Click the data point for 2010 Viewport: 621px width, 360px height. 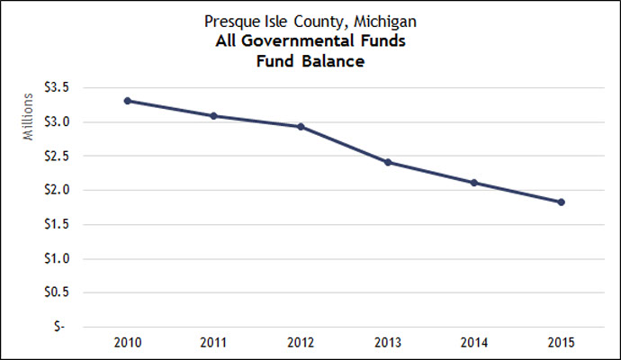(x=128, y=101)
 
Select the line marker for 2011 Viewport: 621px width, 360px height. (x=214, y=116)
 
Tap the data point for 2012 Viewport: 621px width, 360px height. (x=301, y=127)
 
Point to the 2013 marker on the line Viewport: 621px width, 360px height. (x=388, y=162)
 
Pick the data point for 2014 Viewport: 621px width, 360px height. (x=474, y=183)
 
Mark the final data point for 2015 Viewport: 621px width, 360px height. (x=562, y=202)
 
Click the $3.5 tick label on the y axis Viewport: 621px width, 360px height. (x=67, y=88)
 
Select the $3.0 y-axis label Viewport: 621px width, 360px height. (x=67, y=122)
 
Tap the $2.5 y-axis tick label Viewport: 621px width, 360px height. (x=67, y=157)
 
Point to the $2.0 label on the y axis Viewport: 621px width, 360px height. (x=67, y=191)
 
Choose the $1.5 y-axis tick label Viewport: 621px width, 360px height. (x=67, y=225)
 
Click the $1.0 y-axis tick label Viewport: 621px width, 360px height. (x=67, y=259)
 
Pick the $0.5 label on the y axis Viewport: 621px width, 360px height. (x=67, y=293)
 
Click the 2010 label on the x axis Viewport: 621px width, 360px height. (x=128, y=344)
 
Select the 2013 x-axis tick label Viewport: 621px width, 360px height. (x=388, y=344)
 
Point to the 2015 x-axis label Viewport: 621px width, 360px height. (x=562, y=344)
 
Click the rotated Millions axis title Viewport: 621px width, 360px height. (x=28, y=122)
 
